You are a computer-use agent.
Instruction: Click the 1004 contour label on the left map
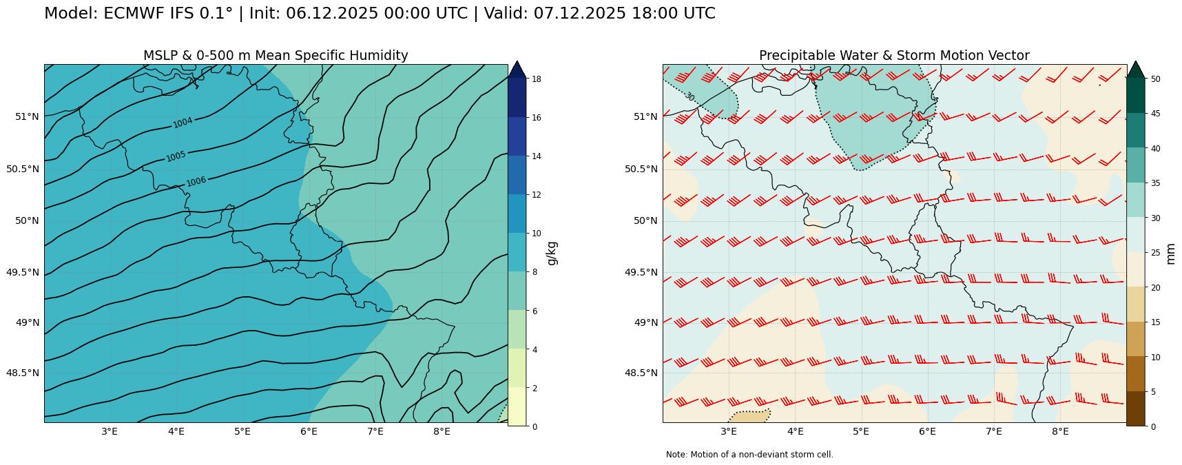183,123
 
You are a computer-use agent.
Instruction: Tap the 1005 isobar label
176,156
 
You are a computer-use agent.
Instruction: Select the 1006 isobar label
196,181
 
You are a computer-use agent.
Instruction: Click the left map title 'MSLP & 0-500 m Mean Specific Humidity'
276,56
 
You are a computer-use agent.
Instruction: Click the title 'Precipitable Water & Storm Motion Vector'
894,56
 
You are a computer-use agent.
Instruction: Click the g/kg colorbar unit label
551,253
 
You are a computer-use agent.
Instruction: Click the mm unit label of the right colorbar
1170,253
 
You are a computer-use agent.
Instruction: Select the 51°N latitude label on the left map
27,116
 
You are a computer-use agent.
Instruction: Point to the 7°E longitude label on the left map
375,432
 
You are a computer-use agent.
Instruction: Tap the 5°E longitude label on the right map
861,432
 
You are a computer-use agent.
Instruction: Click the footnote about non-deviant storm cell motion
749,455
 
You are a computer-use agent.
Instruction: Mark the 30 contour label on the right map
689,96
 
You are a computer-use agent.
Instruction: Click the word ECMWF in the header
129,14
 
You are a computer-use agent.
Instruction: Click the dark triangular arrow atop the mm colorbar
1136,70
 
